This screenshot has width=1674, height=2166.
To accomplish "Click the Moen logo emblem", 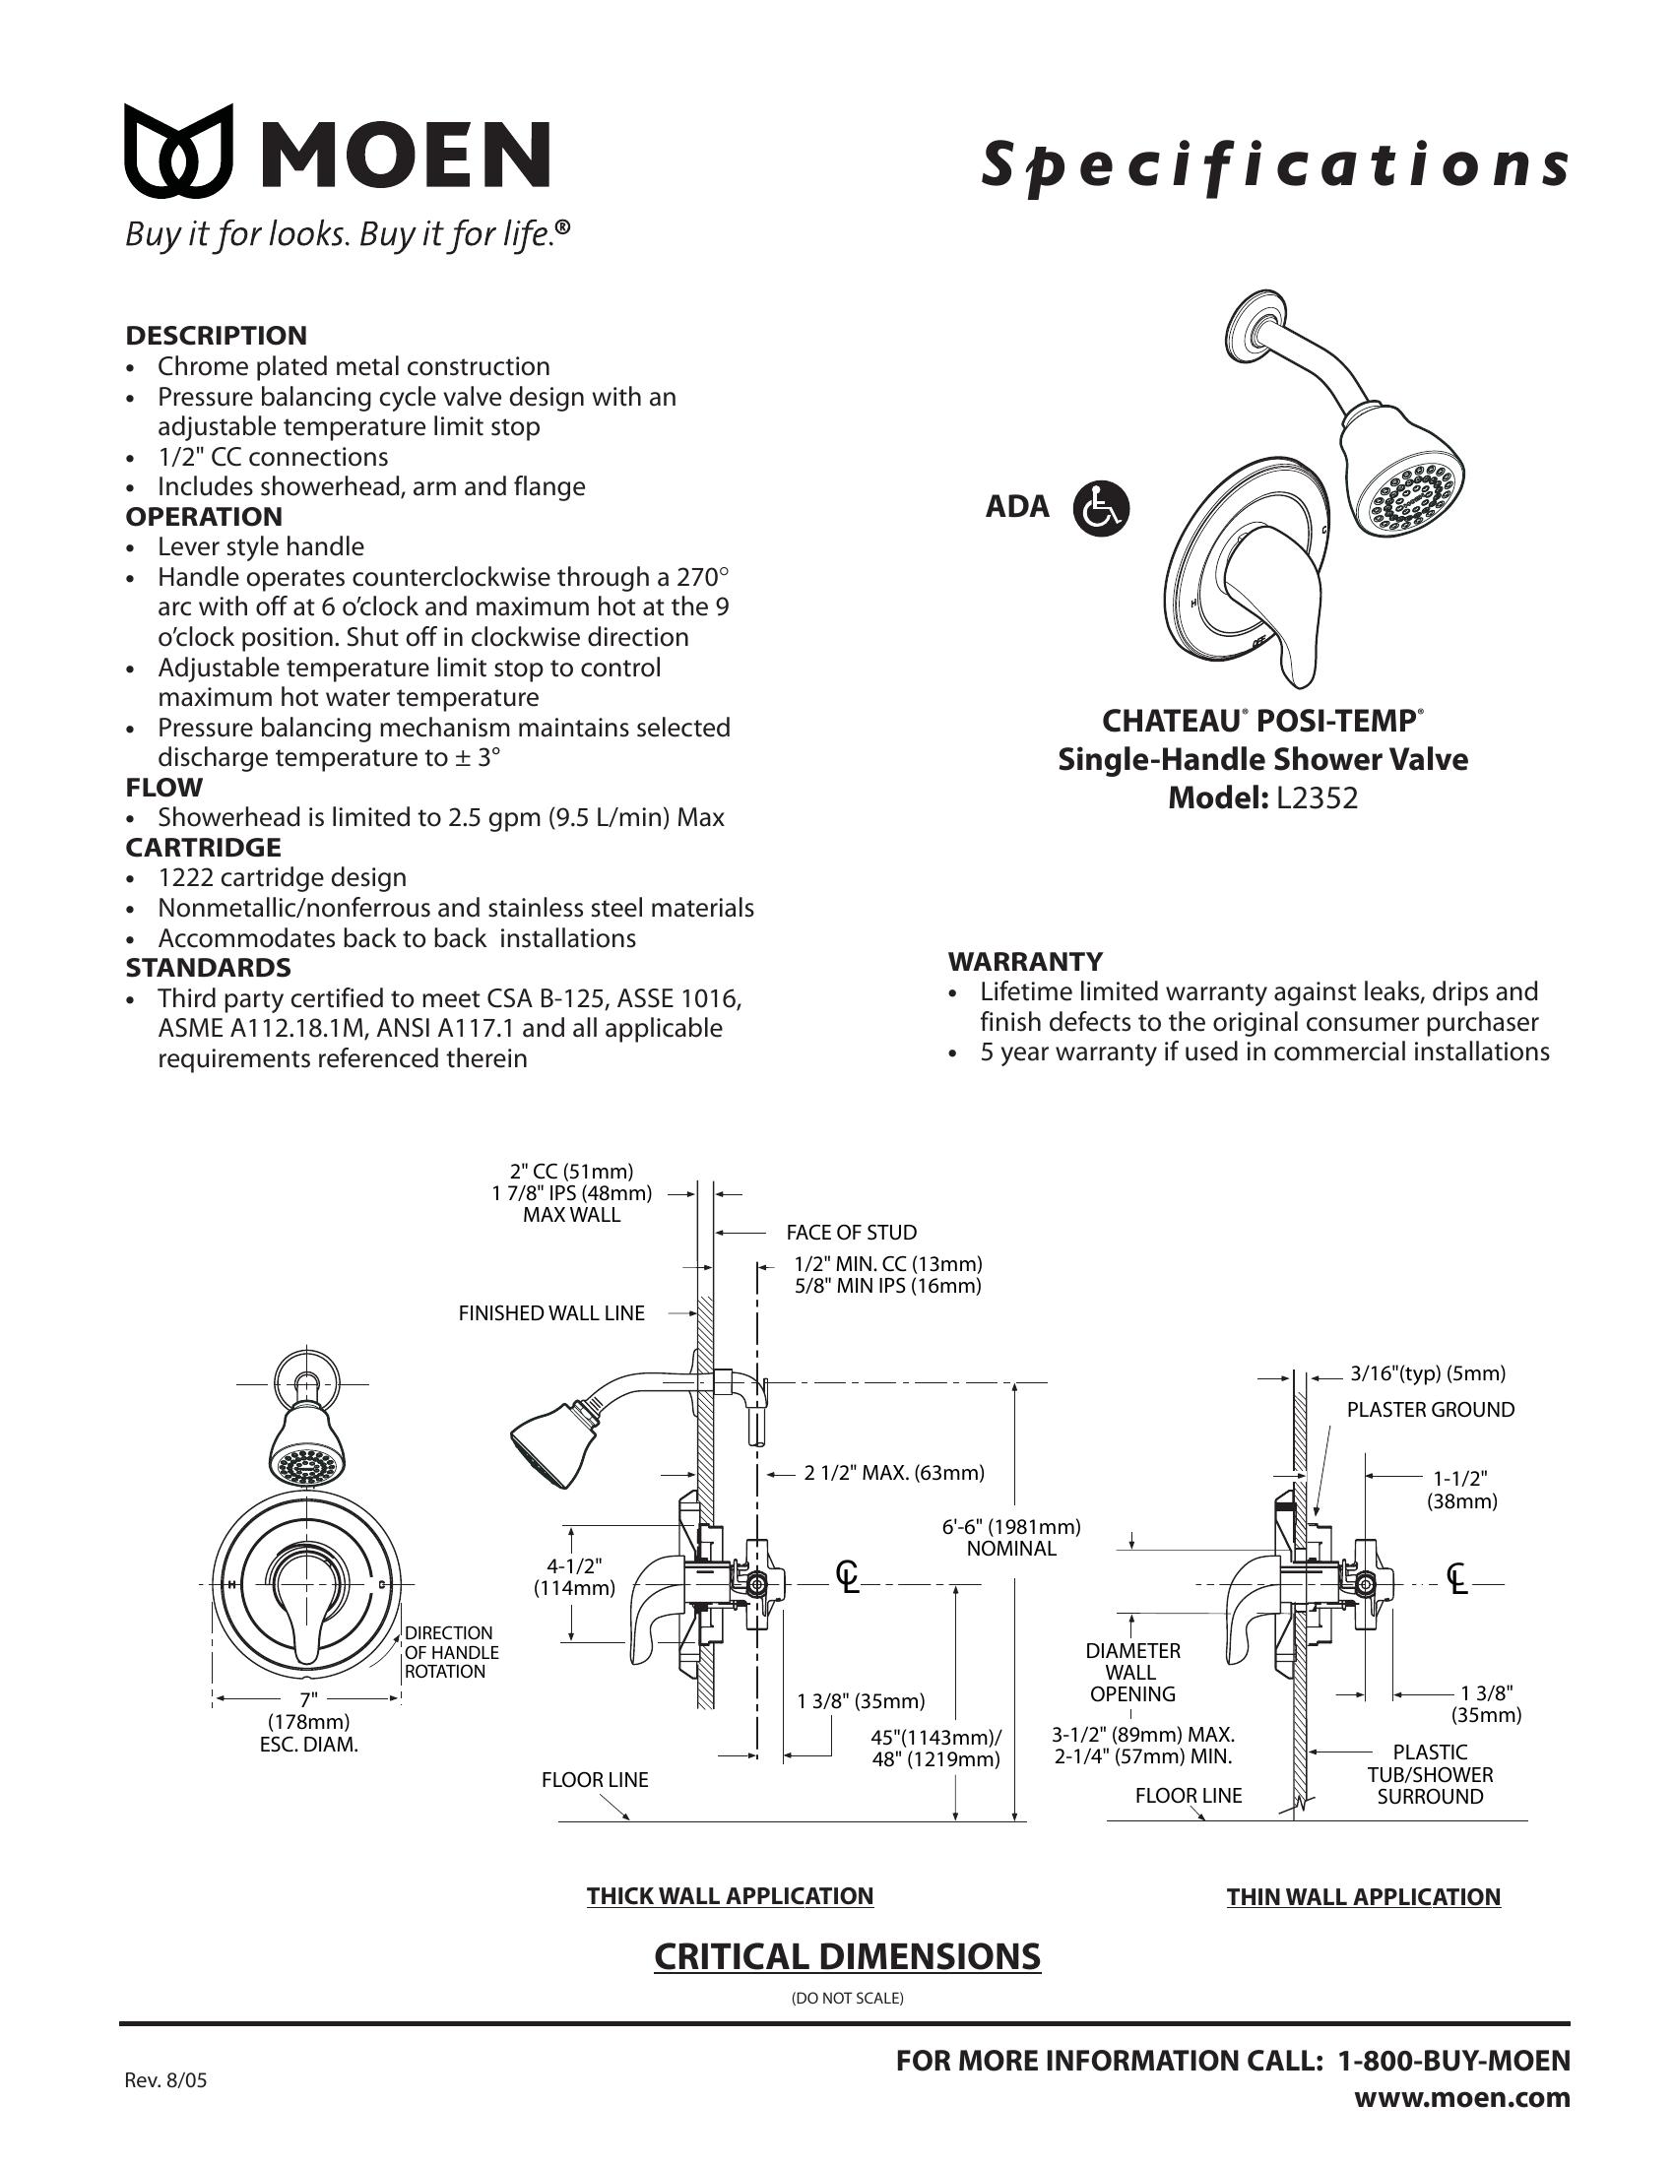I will pos(178,151).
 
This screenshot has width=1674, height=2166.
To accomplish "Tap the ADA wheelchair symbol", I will pos(1101,508).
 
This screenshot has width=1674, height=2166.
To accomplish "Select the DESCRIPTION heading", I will pos(217,335).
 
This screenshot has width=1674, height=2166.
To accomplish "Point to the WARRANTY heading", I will pos(1024,961).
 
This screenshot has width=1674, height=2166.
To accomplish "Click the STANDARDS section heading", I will pos(208,967).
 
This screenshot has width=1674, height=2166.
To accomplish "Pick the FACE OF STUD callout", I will pos(851,1232).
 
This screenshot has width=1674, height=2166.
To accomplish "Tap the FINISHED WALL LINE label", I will pos(551,1313).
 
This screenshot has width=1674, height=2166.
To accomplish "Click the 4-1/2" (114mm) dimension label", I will pos(574,1577).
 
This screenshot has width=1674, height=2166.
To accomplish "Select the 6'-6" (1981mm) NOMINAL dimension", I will pos(1011,1537).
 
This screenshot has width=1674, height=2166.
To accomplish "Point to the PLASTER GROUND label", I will pos(1430,1409).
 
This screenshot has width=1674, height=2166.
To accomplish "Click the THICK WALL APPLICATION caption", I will pos(730,1896).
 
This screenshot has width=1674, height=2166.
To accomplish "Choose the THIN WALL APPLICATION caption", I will pos(1364,1897).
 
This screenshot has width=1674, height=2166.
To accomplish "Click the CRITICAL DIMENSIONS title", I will pos(847,1956).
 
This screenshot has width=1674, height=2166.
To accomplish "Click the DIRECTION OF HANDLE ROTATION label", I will pos(451,1652).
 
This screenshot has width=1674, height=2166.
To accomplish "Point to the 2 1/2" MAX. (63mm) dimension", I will pos(893,1473).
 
